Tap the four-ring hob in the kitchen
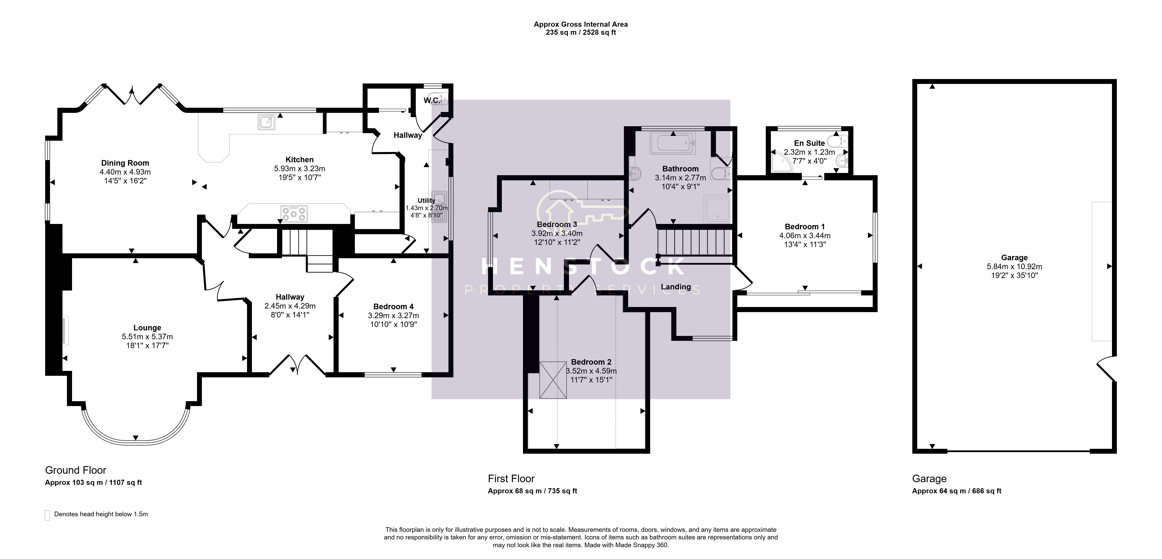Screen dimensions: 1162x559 coord(294,213)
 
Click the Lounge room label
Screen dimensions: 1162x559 coord(147,328)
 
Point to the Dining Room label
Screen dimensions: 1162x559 coord(125,163)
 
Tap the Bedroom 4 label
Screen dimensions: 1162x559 coord(393,307)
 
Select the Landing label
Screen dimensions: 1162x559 coord(676,287)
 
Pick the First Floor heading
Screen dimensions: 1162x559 coord(511,479)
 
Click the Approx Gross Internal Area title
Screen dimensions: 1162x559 coord(581,24)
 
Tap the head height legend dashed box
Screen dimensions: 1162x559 coord(47,515)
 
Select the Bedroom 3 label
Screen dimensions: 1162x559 coord(557,224)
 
